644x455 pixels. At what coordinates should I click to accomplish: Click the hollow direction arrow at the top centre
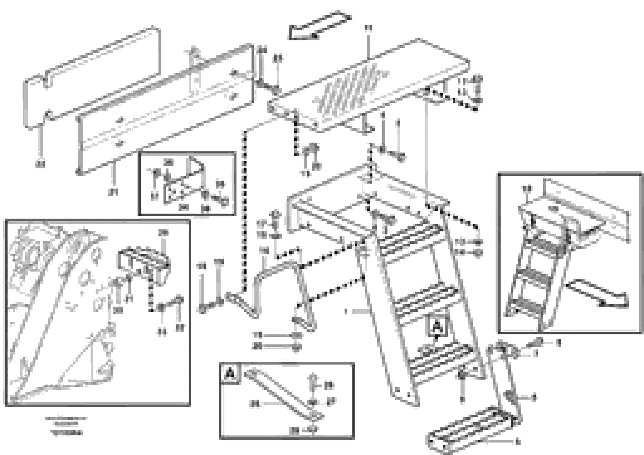pos(320,26)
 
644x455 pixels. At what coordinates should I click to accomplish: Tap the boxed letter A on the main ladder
pos(437,327)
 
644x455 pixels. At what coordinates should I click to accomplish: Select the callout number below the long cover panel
pos(113,192)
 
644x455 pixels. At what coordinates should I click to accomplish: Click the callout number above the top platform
pos(368,29)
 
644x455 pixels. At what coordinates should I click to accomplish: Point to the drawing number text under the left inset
pos(66,433)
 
